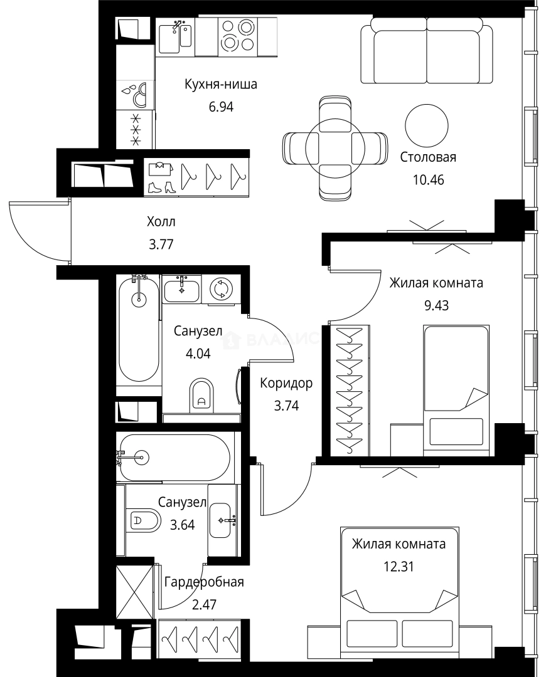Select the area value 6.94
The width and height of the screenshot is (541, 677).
tap(221, 106)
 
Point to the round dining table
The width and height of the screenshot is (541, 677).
tap(335, 148)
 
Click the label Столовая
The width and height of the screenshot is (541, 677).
tap(427, 157)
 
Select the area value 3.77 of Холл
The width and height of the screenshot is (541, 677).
tap(161, 244)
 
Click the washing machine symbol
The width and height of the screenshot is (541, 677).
tap(221, 288)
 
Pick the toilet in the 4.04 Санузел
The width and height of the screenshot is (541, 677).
tap(201, 395)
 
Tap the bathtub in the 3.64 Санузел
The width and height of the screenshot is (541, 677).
tap(174, 457)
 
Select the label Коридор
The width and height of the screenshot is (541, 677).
tap(286, 383)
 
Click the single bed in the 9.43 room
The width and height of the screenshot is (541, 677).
tap(456, 391)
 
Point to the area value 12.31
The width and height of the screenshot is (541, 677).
tap(399, 566)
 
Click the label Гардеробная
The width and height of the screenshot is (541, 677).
tap(204, 582)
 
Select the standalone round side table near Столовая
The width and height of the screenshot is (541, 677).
tap(427, 125)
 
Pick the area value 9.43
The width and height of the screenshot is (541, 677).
tap(436, 305)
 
